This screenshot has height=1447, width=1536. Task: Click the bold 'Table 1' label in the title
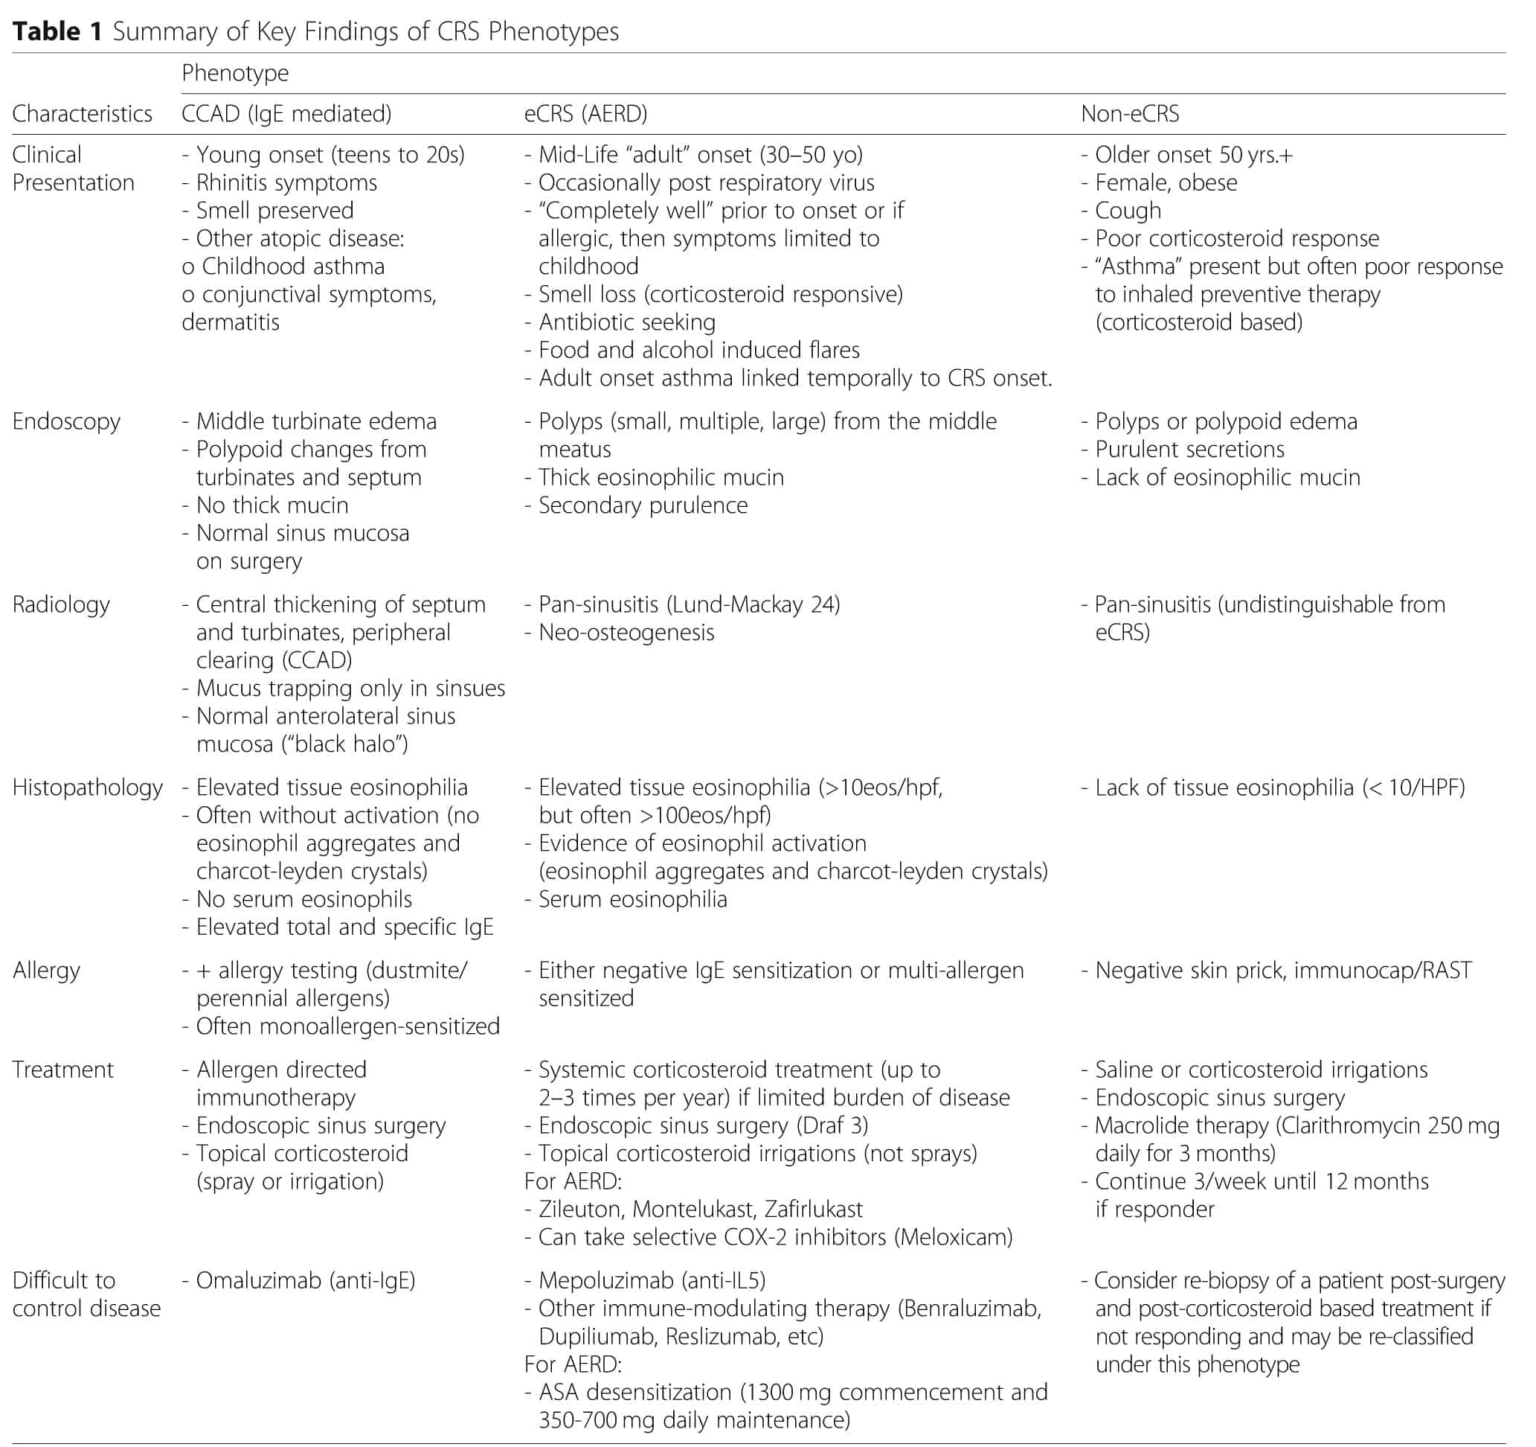click(x=57, y=31)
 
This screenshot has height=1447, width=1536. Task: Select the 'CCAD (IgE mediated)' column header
click(x=286, y=114)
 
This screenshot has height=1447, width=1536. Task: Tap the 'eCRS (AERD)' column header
click(x=585, y=114)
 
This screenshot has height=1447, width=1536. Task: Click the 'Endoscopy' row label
click(x=66, y=421)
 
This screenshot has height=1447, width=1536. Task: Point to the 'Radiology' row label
click(x=61, y=604)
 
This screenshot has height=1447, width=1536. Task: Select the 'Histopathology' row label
click(x=87, y=788)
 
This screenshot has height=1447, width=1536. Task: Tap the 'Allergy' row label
click(x=46, y=970)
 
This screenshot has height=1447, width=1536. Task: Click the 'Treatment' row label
click(x=62, y=1070)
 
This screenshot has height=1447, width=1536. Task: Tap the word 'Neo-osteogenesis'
click(x=626, y=632)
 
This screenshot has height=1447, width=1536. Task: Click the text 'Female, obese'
click(x=1166, y=182)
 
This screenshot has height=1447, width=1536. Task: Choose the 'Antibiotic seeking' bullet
click(x=626, y=322)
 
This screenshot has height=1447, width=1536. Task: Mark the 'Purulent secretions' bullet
click(x=1190, y=449)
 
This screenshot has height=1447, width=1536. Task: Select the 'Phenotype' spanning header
click(x=235, y=73)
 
